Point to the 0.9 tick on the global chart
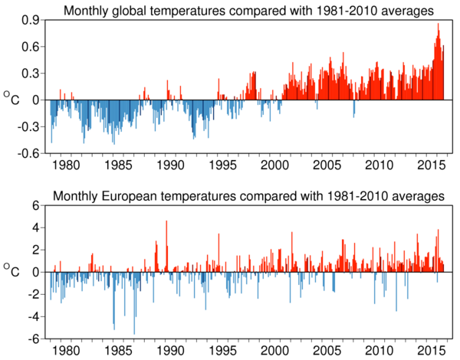[x=31, y=21]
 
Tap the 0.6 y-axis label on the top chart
[x=31, y=47]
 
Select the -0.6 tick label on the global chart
[x=29, y=152]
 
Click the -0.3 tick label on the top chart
[x=29, y=126]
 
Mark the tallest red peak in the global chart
[x=438, y=25]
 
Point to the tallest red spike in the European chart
[x=166, y=222]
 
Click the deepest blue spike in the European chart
[x=133, y=333]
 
